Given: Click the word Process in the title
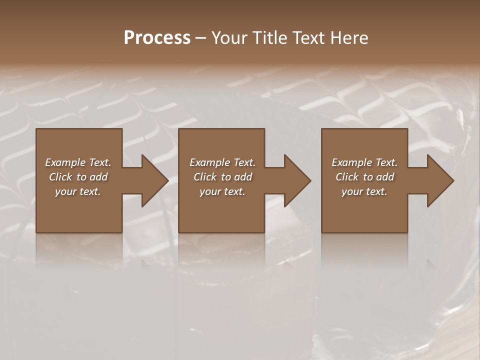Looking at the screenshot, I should pyautogui.click(x=157, y=38).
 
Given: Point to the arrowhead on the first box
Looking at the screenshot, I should pyautogui.click(x=152, y=180).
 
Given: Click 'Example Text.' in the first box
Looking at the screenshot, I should pyautogui.click(x=78, y=162).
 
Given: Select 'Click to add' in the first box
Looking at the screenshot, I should pyautogui.click(x=78, y=177).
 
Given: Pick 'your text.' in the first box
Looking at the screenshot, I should pyautogui.click(x=78, y=191).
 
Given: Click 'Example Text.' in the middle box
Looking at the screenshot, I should pyautogui.click(x=222, y=162).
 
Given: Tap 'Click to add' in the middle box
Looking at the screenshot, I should pyautogui.click(x=222, y=177).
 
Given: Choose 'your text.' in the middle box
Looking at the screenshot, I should pyautogui.click(x=222, y=191).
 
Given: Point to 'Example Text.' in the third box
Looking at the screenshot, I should pyautogui.click(x=364, y=162).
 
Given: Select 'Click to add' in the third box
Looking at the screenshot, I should pyautogui.click(x=365, y=177).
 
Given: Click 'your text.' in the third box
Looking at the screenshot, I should pyautogui.click(x=364, y=191).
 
